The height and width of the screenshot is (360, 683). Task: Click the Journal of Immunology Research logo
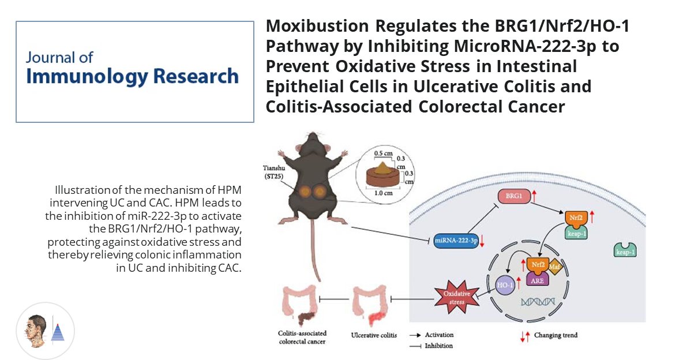(x=134, y=72)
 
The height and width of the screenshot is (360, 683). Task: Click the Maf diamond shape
(x=554, y=267)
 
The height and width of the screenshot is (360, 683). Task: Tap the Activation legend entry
(x=430, y=335)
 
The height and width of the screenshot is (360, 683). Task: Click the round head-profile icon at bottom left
(x=45, y=331)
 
